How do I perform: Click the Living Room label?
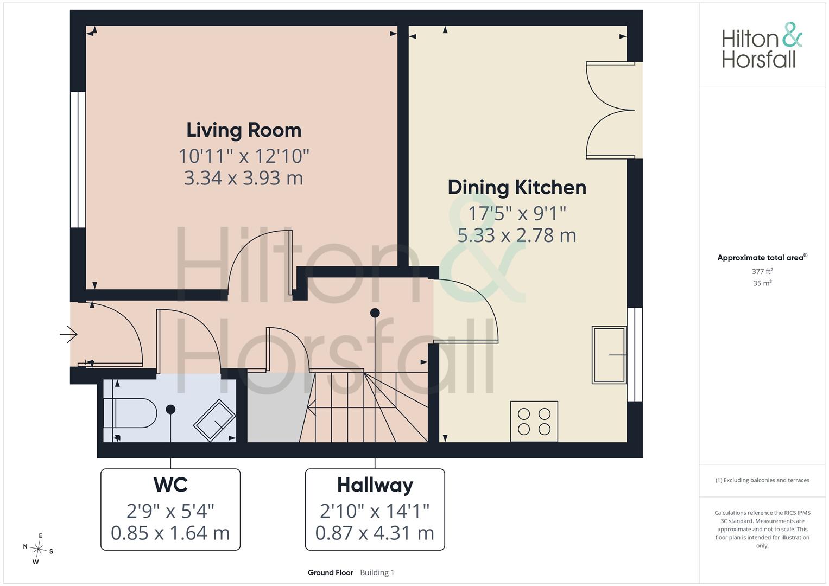(244, 131)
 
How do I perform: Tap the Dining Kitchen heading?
(517, 188)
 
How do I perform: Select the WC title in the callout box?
(170, 485)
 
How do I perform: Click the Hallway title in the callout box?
(375, 486)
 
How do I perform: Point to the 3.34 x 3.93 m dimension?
(244, 178)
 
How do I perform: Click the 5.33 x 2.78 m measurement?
(517, 235)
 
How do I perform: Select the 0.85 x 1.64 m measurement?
(170, 533)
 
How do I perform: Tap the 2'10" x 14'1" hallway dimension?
(375, 511)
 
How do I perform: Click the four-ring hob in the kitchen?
(534, 422)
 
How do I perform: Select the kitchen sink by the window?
(609, 355)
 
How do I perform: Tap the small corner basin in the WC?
(214, 421)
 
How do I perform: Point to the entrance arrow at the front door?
(68, 334)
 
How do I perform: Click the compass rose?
(38, 549)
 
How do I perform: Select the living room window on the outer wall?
(78, 160)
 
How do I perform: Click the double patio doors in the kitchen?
(611, 110)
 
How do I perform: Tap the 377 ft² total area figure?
(762, 271)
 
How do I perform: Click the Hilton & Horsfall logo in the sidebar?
(762, 46)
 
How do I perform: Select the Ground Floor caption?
(331, 572)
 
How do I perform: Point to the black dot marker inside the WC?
(170, 410)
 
